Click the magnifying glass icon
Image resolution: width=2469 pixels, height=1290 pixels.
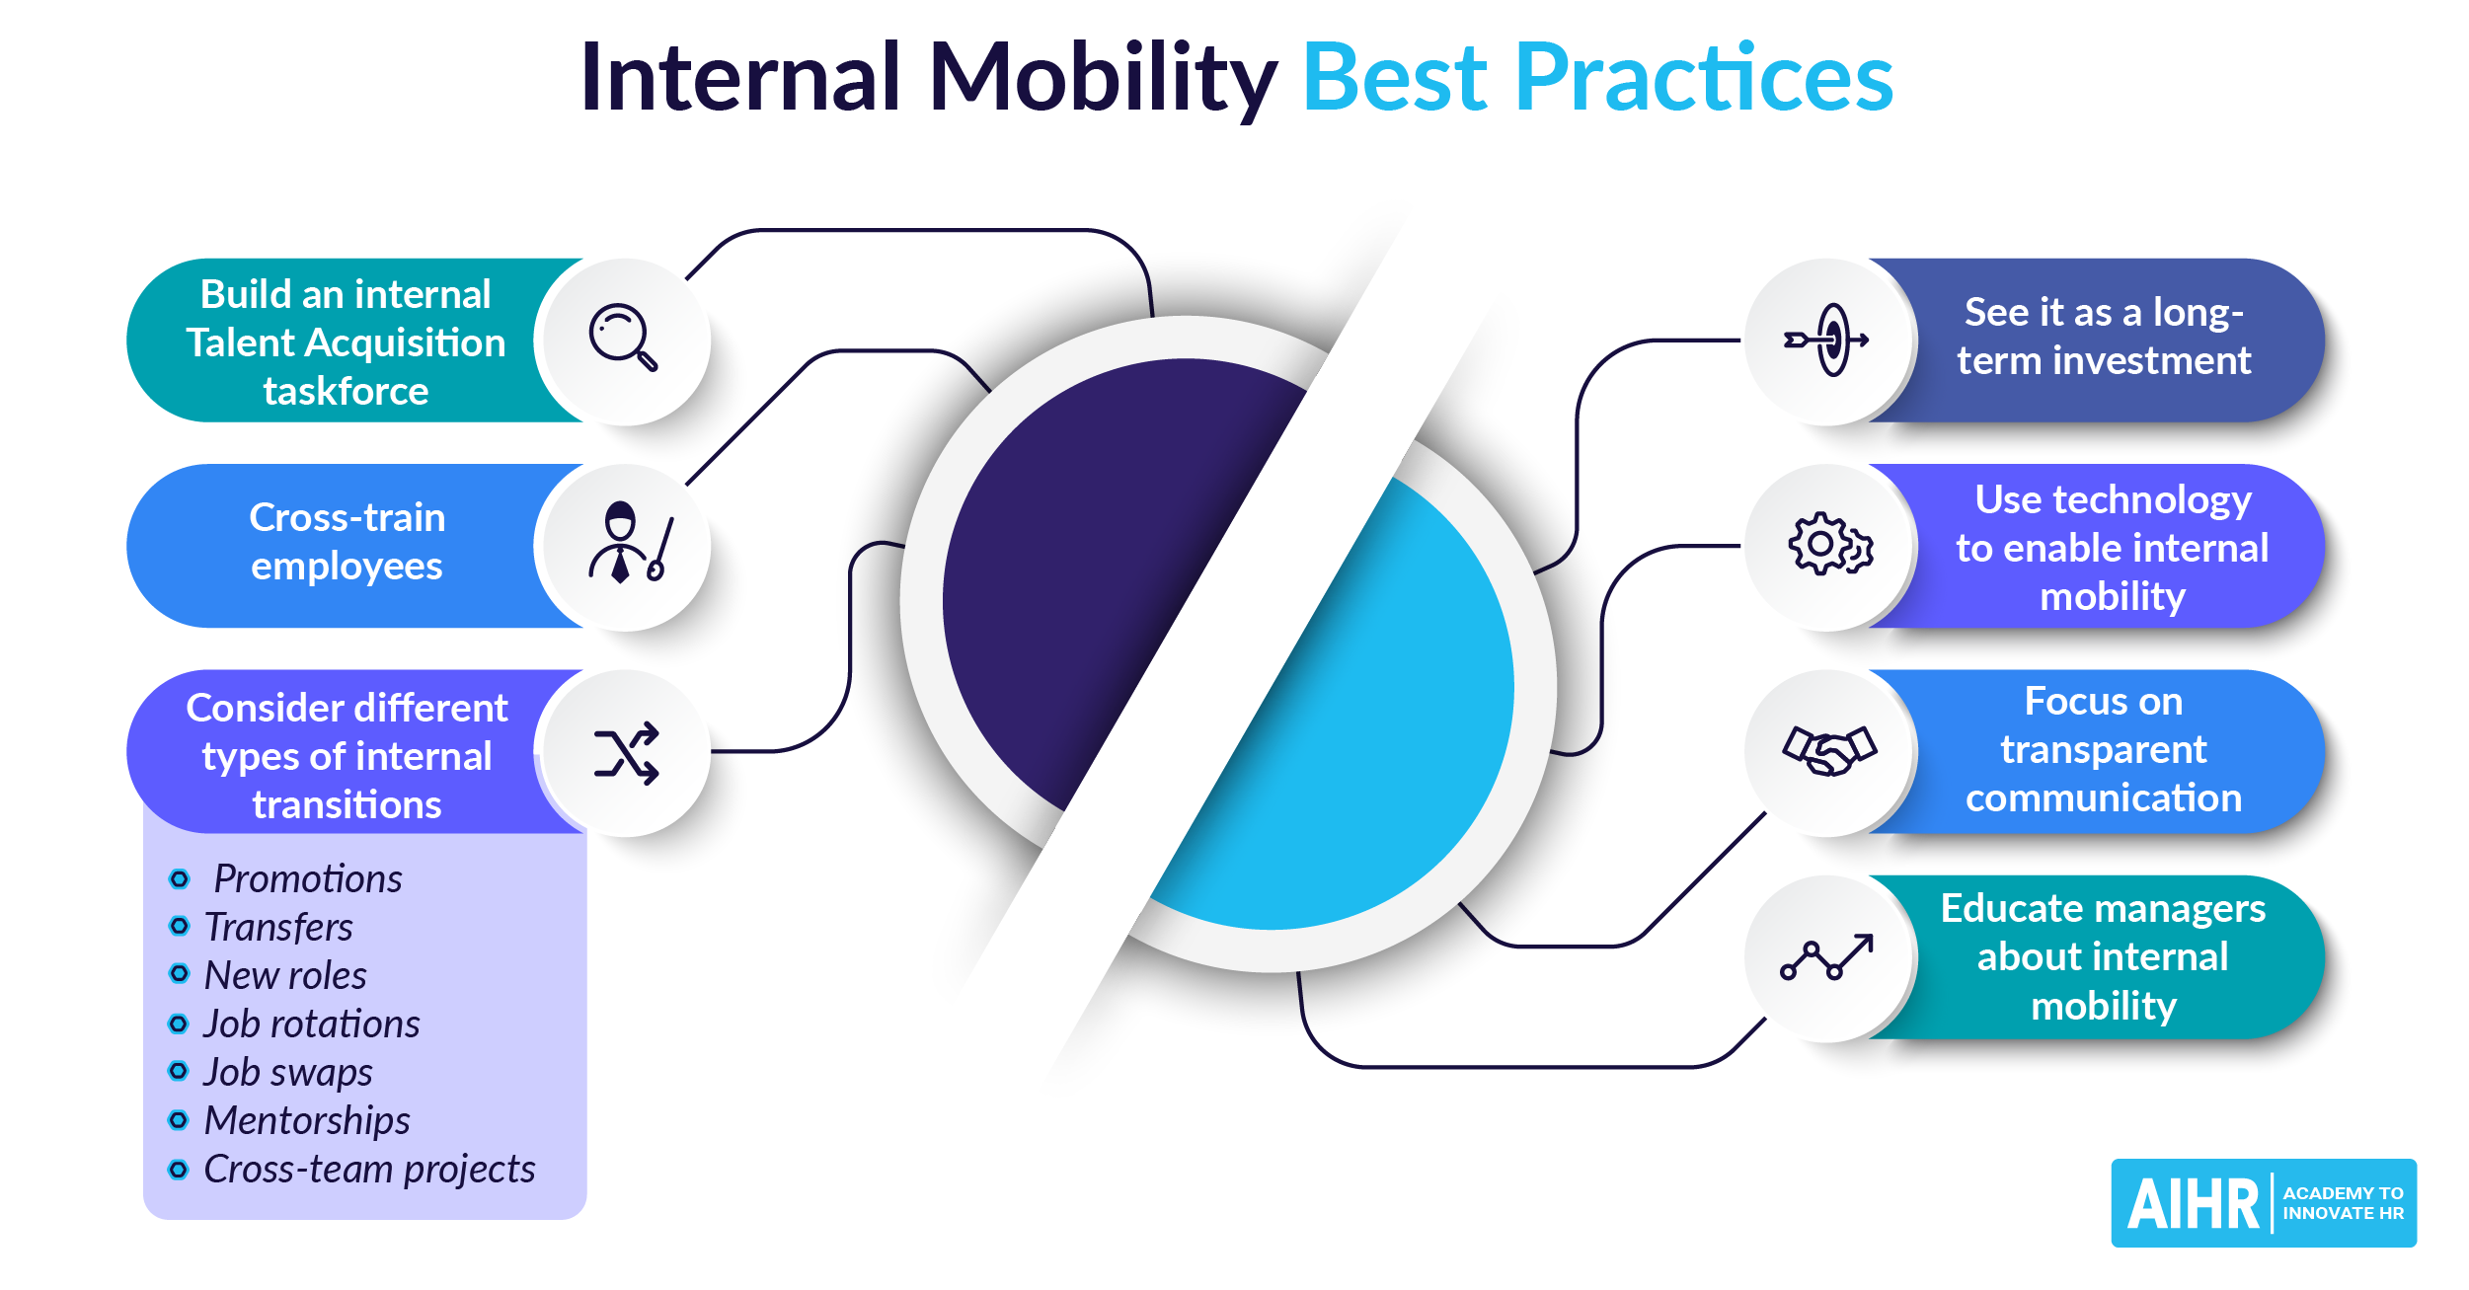tap(623, 337)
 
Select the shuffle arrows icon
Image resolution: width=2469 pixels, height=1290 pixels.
tap(626, 753)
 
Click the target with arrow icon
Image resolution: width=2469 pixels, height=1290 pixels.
tap(1826, 340)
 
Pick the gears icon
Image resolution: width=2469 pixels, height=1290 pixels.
tap(1830, 543)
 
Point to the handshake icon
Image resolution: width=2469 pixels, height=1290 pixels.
tap(1829, 751)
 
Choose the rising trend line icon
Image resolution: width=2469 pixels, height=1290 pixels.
tap(1826, 956)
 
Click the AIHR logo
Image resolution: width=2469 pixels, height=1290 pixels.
tap(2264, 1202)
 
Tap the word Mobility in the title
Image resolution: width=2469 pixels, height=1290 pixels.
tap(1103, 78)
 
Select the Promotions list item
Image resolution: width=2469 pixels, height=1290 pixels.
tap(308, 878)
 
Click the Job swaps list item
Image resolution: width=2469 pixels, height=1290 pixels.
tap(287, 1072)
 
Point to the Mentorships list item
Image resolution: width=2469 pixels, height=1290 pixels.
tap(306, 1120)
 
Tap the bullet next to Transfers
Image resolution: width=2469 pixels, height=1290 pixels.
tap(179, 926)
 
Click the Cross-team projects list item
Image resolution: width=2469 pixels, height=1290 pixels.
tap(369, 1169)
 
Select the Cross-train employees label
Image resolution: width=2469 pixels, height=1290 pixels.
tap(347, 542)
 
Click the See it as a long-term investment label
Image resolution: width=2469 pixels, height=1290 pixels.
tap(2104, 337)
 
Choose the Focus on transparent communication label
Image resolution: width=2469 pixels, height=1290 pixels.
tap(2104, 750)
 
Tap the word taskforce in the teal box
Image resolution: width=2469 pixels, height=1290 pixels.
tap(346, 392)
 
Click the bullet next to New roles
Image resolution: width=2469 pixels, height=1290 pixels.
tap(179, 974)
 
